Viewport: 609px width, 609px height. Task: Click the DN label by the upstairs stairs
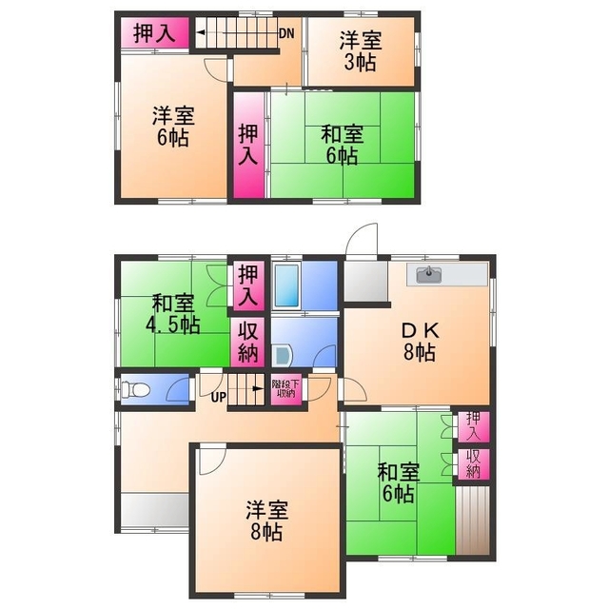285,33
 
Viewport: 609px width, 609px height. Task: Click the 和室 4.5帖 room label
172,313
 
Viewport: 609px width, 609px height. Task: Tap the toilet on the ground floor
131,390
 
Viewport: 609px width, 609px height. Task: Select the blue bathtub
286,283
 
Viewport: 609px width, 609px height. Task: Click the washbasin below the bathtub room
283,355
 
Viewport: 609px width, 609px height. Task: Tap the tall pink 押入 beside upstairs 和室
248,144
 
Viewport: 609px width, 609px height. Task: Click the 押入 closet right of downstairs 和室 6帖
473,426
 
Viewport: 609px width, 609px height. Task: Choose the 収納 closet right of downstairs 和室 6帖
473,463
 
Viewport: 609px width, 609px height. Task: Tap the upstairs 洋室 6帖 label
172,127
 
